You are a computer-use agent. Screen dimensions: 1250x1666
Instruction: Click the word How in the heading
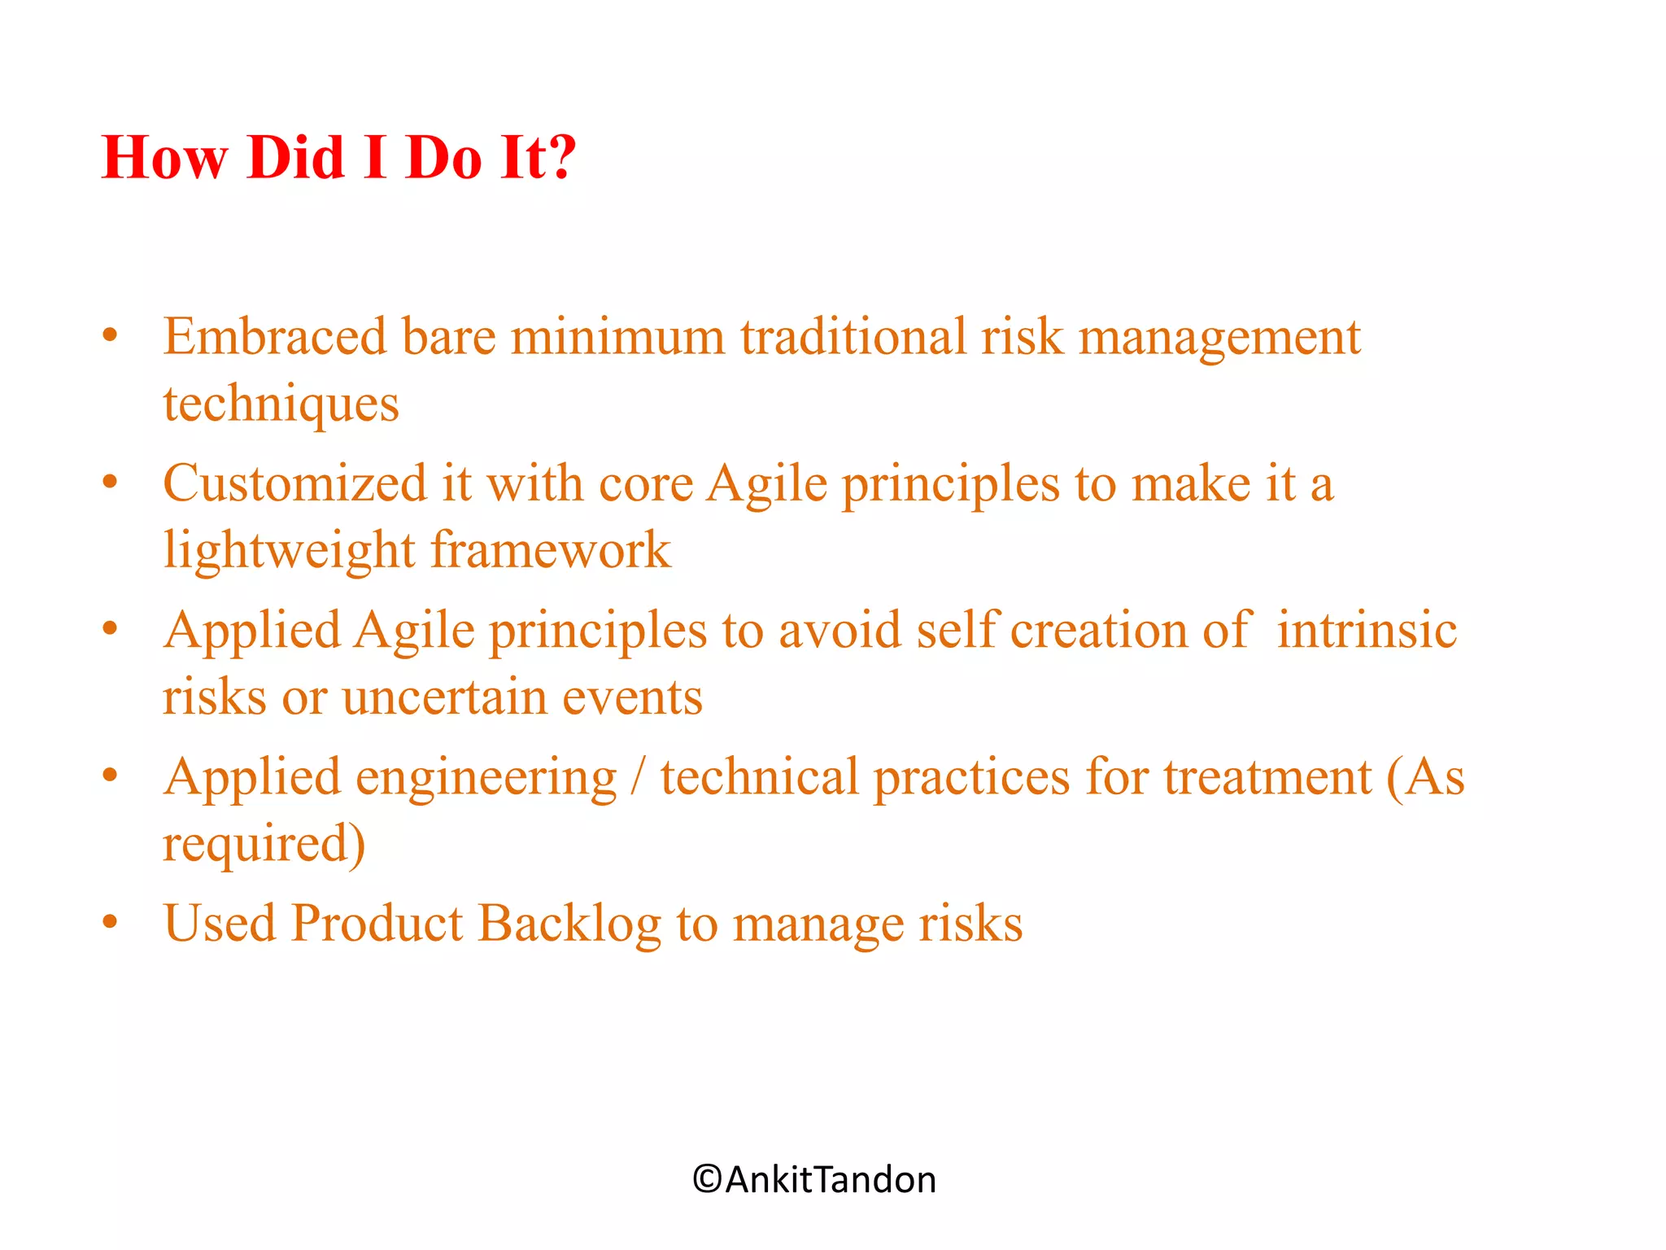(x=164, y=156)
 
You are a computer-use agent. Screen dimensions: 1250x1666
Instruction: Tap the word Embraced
(x=274, y=336)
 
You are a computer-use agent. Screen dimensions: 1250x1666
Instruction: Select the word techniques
(x=281, y=404)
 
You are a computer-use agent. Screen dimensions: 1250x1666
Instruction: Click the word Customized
(x=294, y=483)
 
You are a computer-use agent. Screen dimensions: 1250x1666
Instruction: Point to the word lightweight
(x=289, y=551)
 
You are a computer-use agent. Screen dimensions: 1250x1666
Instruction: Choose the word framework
(x=551, y=549)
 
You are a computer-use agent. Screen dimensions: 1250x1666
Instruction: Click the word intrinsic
(x=1366, y=630)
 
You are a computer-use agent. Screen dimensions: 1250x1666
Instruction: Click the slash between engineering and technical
(x=639, y=777)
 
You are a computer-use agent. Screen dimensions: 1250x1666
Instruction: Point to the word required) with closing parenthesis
(x=264, y=845)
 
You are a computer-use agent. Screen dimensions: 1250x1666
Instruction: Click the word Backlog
(x=569, y=924)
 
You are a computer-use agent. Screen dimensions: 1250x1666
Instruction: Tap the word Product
(x=377, y=923)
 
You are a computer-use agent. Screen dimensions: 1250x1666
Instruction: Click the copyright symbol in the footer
(x=707, y=1179)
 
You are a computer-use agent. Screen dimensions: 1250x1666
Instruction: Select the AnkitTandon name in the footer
(x=830, y=1179)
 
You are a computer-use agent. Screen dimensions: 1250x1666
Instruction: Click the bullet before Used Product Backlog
(x=111, y=923)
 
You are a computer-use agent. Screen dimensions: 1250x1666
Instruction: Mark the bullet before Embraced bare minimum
(x=111, y=335)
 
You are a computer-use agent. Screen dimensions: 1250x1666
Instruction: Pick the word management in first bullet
(x=1219, y=338)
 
